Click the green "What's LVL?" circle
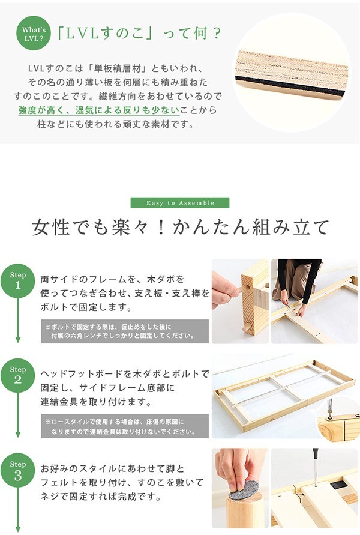[x=34, y=33]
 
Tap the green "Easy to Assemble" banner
[x=180, y=203]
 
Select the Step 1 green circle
[x=18, y=281]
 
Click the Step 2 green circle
[x=18, y=375]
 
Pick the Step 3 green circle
[x=18, y=470]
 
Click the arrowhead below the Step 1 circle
[x=18, y=340]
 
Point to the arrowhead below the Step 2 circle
[x=18, y=434]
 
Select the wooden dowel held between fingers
[x=241, y=290]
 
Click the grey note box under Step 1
[x=125, y=331]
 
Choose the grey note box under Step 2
[x=125, y=426]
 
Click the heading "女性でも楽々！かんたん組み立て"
[x=181, y=227]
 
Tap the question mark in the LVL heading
[x=216, y=34]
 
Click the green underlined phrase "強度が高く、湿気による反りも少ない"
[x=99, y=110]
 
